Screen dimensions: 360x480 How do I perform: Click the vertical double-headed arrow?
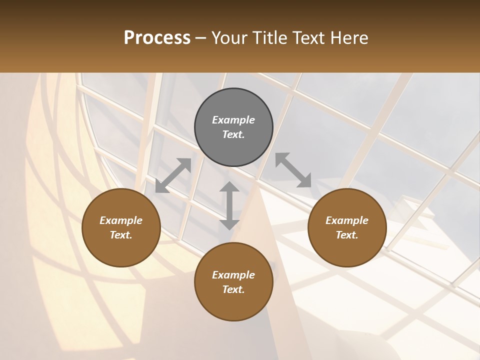tap(229, 205)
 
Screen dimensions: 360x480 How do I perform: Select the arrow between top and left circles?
tap(173, 175)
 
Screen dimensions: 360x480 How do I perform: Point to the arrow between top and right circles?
tap(293, 170)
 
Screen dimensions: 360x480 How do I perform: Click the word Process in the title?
tap(157, 38)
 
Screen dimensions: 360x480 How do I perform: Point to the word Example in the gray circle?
tap(233, 120)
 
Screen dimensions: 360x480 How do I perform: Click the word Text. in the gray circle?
tap(233, 134)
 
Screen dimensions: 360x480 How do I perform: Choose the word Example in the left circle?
tap(121, 220)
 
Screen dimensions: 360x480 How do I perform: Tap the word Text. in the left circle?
tap(121, 235)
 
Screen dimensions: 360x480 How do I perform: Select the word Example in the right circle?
tap(347, 220)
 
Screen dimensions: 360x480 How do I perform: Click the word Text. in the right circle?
tap(347, 235)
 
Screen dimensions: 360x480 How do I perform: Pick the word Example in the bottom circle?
tap(233, 275)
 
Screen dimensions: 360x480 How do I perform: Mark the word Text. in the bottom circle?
tap(233, 289)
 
